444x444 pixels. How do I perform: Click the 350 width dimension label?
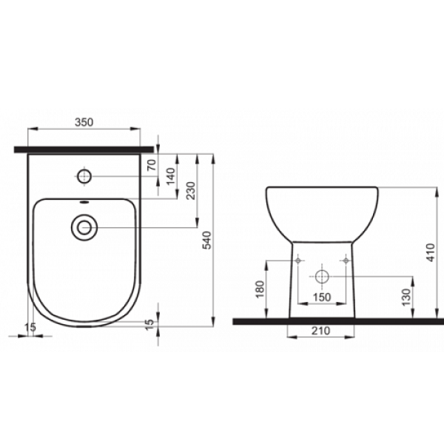point(84,122)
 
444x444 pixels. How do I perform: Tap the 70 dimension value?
point(152,165)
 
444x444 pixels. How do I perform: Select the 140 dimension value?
point(171,176)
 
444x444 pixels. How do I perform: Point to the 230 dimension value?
point(191,191)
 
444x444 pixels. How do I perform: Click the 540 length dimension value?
point(206,240)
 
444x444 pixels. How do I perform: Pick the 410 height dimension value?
point(430,252)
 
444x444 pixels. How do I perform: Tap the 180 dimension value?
point(260,289)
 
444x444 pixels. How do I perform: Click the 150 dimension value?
point(322,297)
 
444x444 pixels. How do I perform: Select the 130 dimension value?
point(406,297)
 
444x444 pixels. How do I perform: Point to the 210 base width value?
point(321,331)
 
